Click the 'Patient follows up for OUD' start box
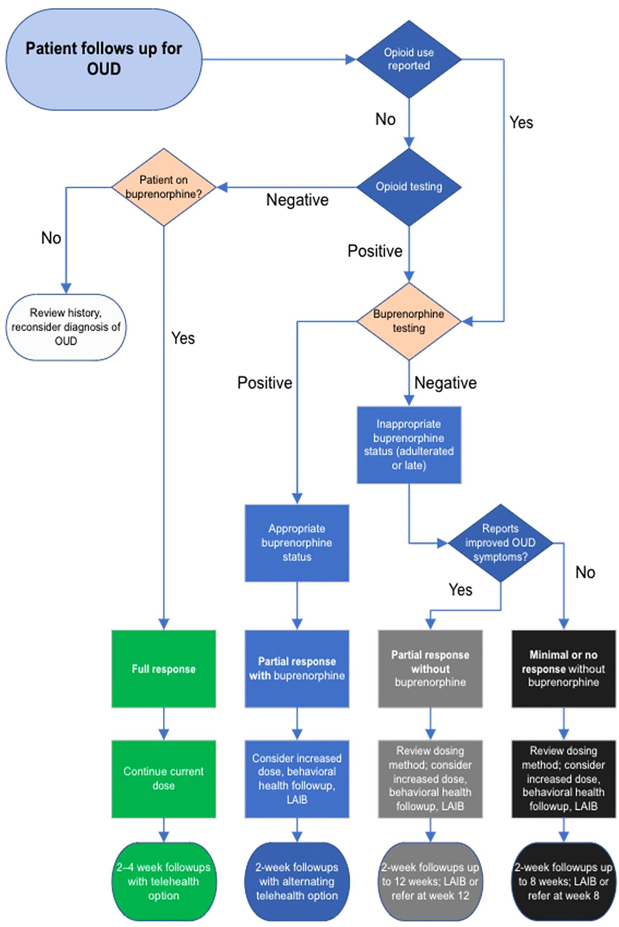point(103,59)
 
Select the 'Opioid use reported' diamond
point(409,59)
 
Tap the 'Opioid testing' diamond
point(409,187)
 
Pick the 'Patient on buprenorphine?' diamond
point(164,187)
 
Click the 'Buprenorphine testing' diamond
point(409,321)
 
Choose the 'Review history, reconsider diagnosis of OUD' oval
point(66,327)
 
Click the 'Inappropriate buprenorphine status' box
point(409,444)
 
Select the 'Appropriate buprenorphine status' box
point(297,543)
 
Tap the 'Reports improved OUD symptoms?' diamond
point(500,543)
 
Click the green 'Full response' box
point(164,668)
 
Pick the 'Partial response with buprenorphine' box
point(297,668)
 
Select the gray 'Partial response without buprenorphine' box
point(430,668)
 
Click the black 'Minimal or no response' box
point(563,668)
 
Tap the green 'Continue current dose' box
point(164,778)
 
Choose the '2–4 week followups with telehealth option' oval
point(164,881)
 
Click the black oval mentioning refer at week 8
point(563,881)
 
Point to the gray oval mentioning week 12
point(430,881)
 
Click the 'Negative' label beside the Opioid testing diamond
point(297,200)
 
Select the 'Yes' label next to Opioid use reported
point(521,123)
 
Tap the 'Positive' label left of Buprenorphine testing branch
point(265,383)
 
